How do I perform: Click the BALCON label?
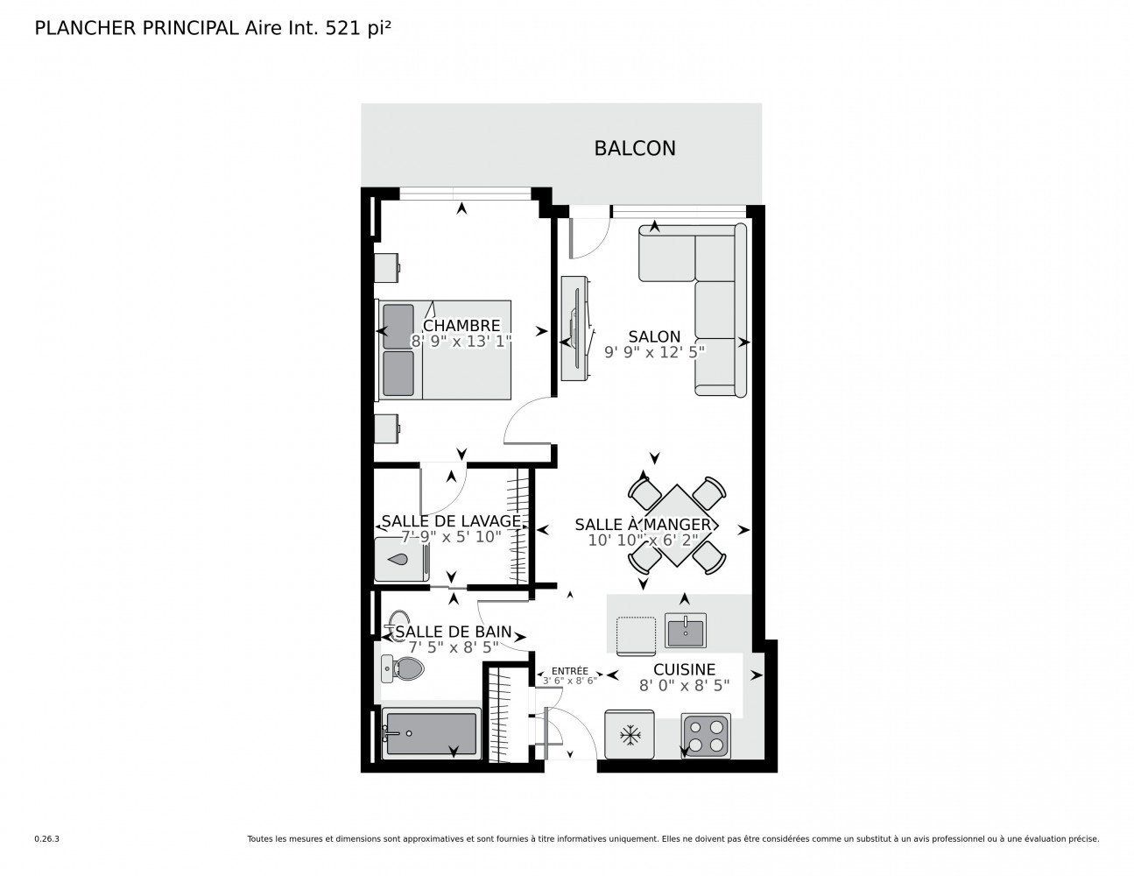click(x=635, y=149)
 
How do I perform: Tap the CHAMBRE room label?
click(x=461, y=326)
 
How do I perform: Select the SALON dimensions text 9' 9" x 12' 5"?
click(x=654, y=352)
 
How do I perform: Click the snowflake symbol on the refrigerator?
click(x=630, y=736)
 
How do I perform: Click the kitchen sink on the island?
click(x=685, y=631)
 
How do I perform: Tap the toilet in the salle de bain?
click(x=402, y=668)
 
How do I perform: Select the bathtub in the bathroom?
click(x=431, y=732)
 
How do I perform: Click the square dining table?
click(x=677, y=526)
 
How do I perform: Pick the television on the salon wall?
click(x=576, y=328)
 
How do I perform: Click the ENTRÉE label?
click(x=569, y=671)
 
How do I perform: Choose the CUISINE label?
click(x=684, y=669)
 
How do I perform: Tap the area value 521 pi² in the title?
click(x=358, y=28)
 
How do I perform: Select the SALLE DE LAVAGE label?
click(x=451, y=521)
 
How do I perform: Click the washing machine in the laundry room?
click(x=402, y=560)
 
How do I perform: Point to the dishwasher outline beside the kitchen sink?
click(x=636, y=636)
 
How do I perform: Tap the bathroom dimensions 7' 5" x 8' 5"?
click(x=454, y=647)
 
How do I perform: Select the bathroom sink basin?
click(x=398, y=618)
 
